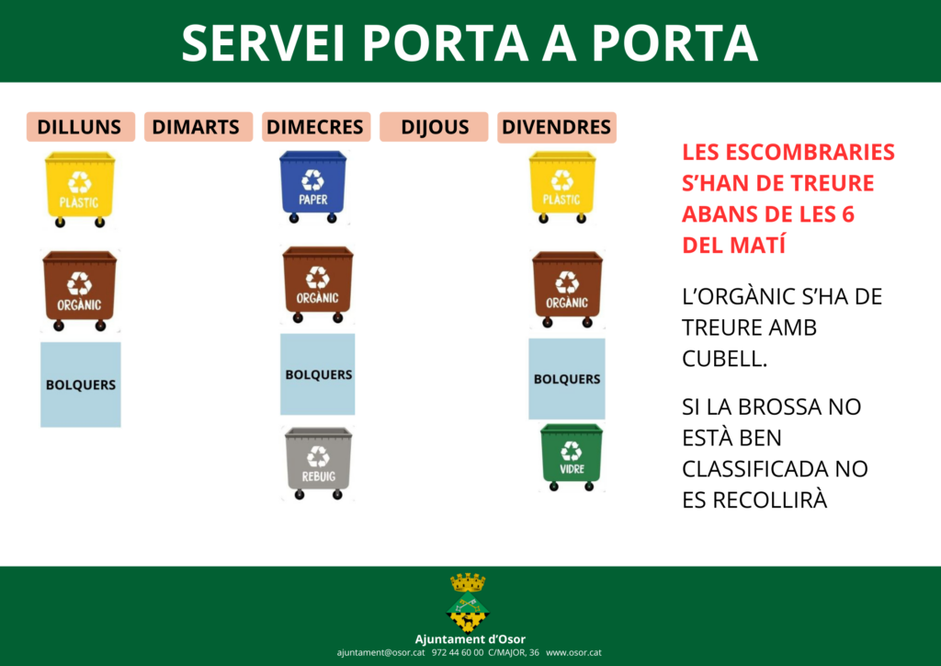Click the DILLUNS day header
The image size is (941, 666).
pyautogui.click(x=81, y=127)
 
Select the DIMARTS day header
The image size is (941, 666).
pyautogui.click(x=198, y=127)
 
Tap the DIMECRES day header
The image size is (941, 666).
pyautogui.click(x=316, y=127)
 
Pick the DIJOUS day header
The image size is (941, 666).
pyautogui.click(x=434, y=127)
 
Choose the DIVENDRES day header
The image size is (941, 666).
pyautogui.click(x=556, y=127)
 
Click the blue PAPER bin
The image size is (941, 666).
pyautogui.click(x=312, y=187)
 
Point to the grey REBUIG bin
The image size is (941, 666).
pyautogui.click(x=318, y=463)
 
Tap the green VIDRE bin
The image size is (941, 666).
pyautogui.click(x=572, y=457)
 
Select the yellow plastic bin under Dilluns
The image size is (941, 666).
pyautogui.click(x=80, y=189)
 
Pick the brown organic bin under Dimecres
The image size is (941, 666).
pyautogui.click(x=317, y=284)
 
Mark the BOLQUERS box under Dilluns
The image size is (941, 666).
pyautogui.click(x=81, y=385)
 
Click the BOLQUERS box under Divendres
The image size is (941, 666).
pyautogui.click(x=566, y=378)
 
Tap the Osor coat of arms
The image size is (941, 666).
pyautogui.click(x=468, y=603)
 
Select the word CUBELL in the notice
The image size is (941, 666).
pyautogui.click(x=724, y=359)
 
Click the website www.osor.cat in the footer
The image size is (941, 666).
pyautogui.click(x=573, y=653)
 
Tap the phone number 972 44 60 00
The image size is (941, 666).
pyautogui.click(x=458, y=653)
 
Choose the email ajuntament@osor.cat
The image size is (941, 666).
pyautogui.click(x=380, y=653)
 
